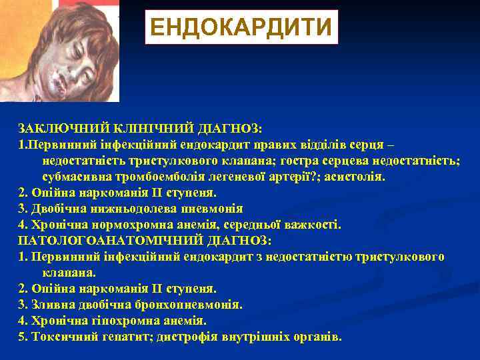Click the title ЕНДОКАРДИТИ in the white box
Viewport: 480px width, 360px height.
(x=241, y=27)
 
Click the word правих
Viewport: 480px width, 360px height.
(x=290, y=144)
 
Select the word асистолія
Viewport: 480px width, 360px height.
(x=357, y=177)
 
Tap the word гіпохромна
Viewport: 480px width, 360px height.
(x=101, y=321)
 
